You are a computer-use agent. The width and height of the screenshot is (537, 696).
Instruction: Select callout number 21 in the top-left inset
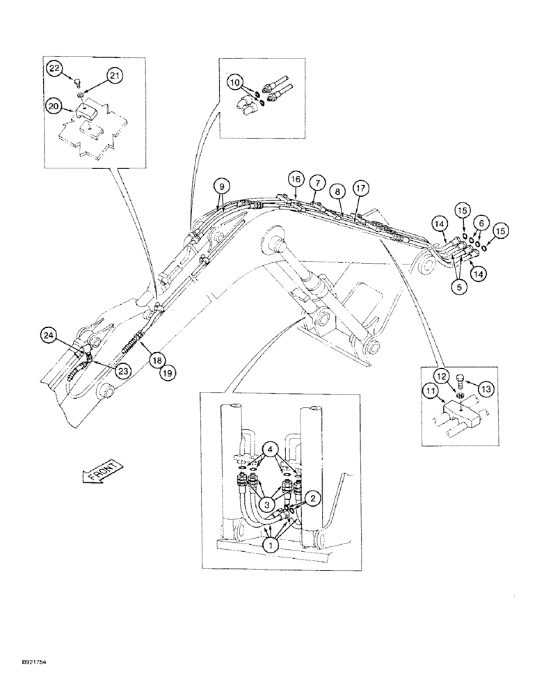(x=115, y=75)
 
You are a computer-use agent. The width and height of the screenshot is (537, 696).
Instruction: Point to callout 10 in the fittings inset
(x=235, y=84)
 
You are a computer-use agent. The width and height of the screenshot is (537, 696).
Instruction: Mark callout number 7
(x=316, y=182)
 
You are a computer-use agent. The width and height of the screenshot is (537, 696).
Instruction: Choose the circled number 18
(x=157, y=360)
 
